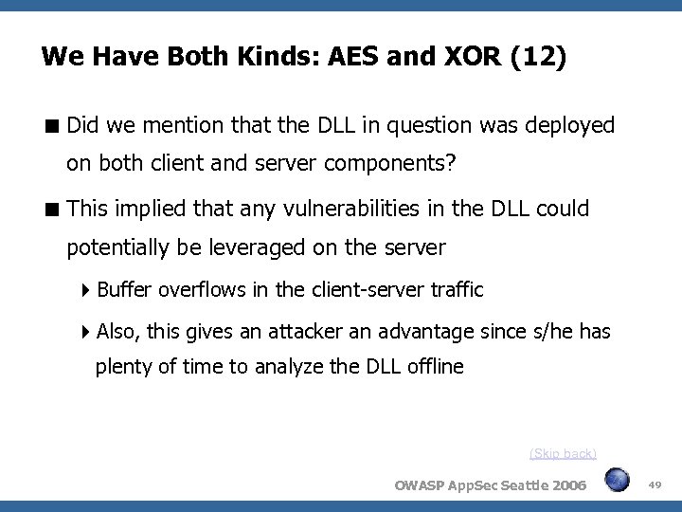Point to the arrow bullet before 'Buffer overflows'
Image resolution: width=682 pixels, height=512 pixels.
pyautogui.click(x=86, y=290)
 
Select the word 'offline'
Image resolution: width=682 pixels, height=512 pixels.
pyautogui.click(x=434, y=367)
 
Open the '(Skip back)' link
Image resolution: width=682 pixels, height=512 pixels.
pyautogui.click(x=563, y=453)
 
